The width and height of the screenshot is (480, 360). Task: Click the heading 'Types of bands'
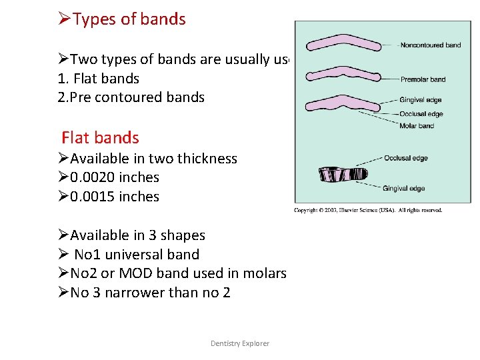pyautogui.click(x=129, y=19)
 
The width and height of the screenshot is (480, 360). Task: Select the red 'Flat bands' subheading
pyautogui.click(x=100, y=138)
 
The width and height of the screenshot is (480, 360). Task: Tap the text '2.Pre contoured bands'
pyautogui.click(x=131, y=97)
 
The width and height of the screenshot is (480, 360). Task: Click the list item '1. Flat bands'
pyautogui.click(x=99, y=79)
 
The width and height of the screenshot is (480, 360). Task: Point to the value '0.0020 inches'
pyautogui.click(x=114, y=177)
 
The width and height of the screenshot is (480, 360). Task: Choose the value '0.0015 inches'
pyautogui.click(x=114, y=197)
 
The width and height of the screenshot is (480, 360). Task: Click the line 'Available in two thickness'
pyautogui.click(x=153, y=159)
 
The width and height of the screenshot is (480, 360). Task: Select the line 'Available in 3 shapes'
pyautogui.click(x=137, y=235)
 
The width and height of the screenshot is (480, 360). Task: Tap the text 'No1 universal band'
pyautogui.click(x=137, y=255)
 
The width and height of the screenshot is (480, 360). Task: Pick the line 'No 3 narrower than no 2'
pyautogui.click(x=150, y=293)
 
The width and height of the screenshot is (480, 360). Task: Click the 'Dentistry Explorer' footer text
pyautogui.click(x=240, y=343)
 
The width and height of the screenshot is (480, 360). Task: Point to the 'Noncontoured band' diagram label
pyautogui.click(x=430, y=45)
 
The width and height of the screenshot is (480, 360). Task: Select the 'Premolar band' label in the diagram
pyautogui.click(x=423, y=79)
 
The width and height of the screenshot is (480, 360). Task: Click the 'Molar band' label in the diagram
pyautogui.click(x=417, y=126)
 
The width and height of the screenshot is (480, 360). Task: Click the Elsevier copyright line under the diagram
pyautogui.click(x=368, y=211)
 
